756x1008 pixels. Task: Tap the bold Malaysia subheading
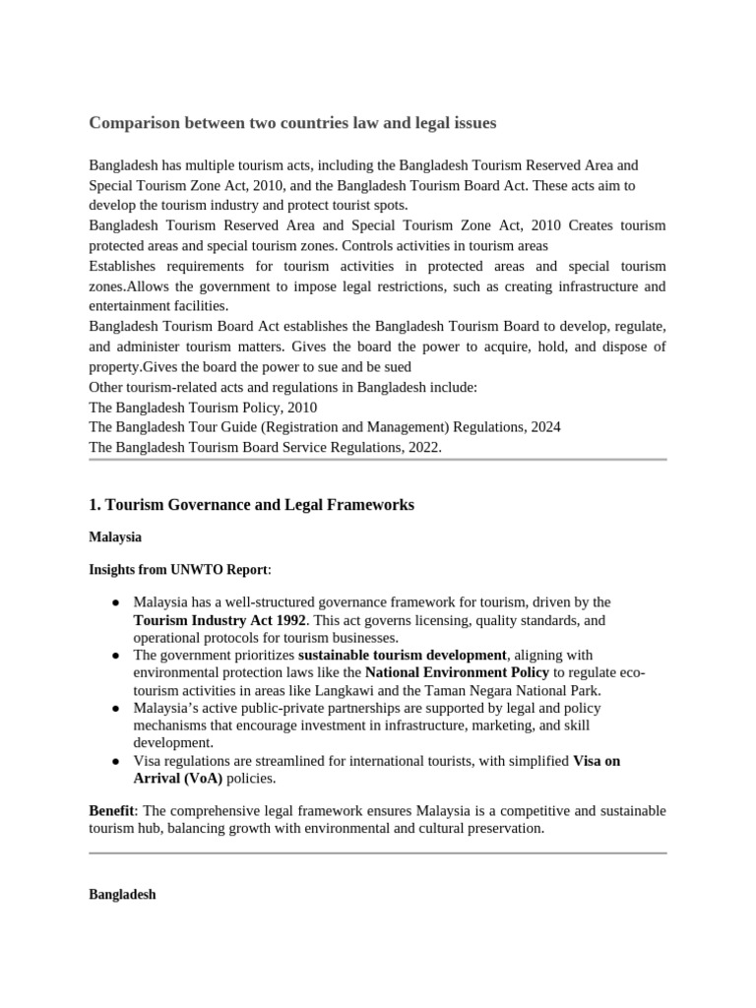click(x=115, y=537)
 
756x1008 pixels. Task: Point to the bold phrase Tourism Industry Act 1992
click(x=220, y=620)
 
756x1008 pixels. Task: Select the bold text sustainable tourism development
click(x=403, y=655)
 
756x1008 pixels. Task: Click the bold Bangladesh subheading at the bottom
click(x=122, y=897)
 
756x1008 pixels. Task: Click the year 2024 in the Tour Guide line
click(x=544, y=427)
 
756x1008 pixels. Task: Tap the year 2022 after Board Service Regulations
click(x=421, y=447)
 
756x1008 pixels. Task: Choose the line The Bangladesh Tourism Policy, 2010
click(x=203, y=407)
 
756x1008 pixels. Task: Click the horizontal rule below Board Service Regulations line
click(x=378, y=459)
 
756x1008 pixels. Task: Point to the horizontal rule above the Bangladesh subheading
click(x=378, y=852)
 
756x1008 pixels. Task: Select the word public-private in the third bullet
click(x=267, y=709)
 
